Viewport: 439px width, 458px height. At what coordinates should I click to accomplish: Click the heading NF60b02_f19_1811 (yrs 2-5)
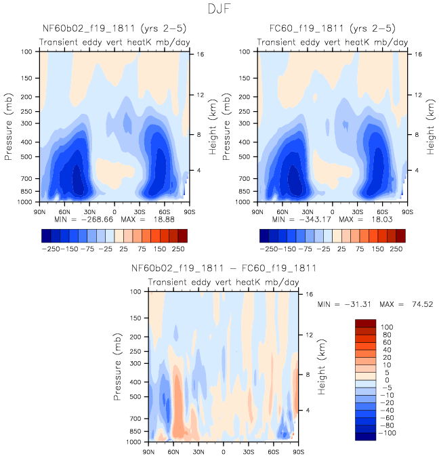point(114,28)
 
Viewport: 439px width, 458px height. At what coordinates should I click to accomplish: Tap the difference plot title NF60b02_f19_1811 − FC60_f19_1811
point(224,268)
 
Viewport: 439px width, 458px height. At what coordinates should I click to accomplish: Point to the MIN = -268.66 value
point(85,220)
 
